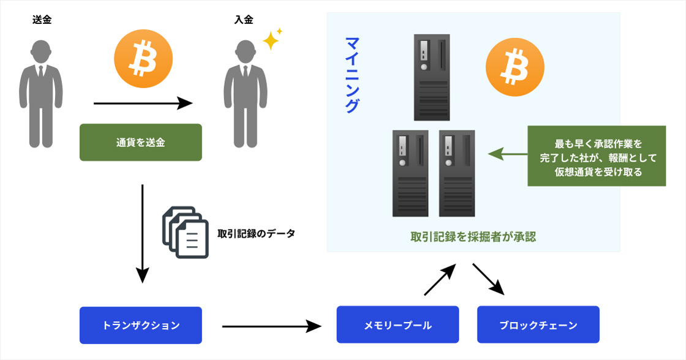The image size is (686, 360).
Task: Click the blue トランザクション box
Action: tap(140, 325)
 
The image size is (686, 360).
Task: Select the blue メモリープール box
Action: tap(398, 325)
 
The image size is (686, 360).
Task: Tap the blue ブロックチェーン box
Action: tap(538, 325)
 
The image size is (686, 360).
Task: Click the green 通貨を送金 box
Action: tap(140, 143)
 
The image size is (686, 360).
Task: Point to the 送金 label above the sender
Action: tap(42, 20)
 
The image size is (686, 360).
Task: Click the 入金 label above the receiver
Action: tap(243, 20)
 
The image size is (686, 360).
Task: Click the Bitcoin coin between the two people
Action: tap(143, 59)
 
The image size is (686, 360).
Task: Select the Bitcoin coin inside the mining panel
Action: tap(514, 67)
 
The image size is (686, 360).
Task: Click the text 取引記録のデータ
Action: tap(256, 233)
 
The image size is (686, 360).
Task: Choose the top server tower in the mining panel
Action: tap(432, 77)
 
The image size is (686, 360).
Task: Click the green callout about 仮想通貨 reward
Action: tap(597, 156)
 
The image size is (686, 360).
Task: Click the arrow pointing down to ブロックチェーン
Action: tap(489, 280)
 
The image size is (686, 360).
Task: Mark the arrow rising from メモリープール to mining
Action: tap(440, 280)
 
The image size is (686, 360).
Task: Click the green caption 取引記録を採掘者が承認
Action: tap(473, 237)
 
